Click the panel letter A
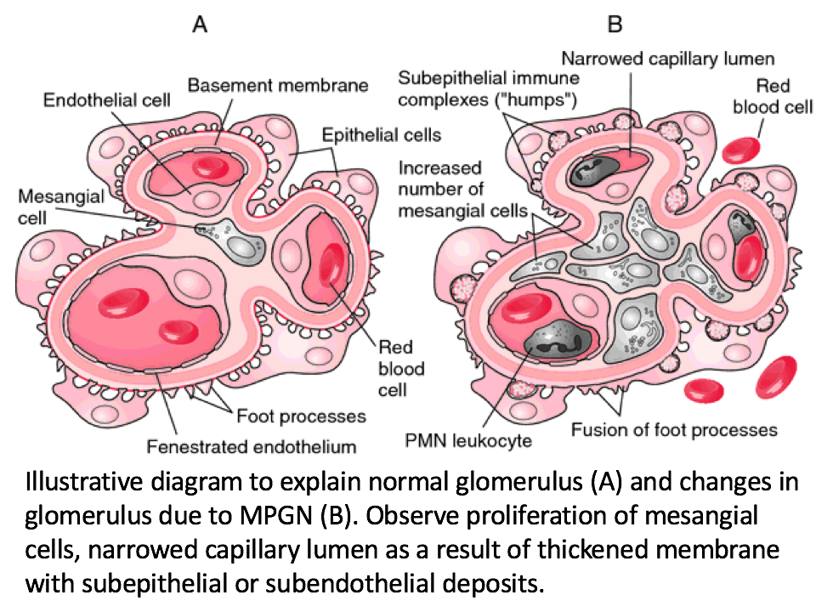[x=200, y=25]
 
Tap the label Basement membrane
[x=278, y=85]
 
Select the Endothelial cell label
[x=107, y=100]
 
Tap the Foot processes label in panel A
[x=301, y=416]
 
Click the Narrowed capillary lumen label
[x=667, y=59]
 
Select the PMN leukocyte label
[x=481, y=441]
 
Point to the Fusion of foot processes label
[x=674, y=428]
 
